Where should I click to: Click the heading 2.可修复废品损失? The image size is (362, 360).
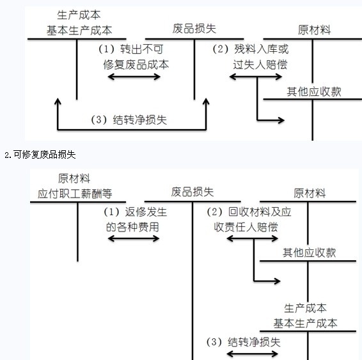point(40,155)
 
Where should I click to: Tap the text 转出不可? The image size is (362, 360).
point(142,49)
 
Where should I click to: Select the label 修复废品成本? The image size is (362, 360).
point(136,65)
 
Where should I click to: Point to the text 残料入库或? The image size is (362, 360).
point(262,49)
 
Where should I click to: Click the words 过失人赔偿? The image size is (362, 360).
point(260,65)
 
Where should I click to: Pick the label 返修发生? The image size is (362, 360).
point(146,212)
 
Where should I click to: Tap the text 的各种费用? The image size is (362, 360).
point(132,227)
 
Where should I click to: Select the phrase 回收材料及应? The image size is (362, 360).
point(260,212)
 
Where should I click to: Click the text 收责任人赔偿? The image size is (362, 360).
point(246,227)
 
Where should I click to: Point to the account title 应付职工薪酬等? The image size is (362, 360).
point(75,194)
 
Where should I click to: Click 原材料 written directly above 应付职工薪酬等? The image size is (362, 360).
point(74,178)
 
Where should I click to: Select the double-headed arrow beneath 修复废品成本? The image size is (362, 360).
point(134,77)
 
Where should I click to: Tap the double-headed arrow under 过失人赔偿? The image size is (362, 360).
point(256,77)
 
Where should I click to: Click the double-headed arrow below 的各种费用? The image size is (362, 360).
point(134,239)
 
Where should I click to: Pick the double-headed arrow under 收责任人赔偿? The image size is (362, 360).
point(253,239)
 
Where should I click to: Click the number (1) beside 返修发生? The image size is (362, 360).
point(111,212)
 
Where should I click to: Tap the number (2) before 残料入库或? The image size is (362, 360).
point(221,49)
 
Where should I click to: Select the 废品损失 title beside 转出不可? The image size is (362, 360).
point(194,29)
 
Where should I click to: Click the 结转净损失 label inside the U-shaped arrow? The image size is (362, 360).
point(140,120)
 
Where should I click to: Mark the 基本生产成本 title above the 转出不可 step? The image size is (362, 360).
point(79,30)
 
